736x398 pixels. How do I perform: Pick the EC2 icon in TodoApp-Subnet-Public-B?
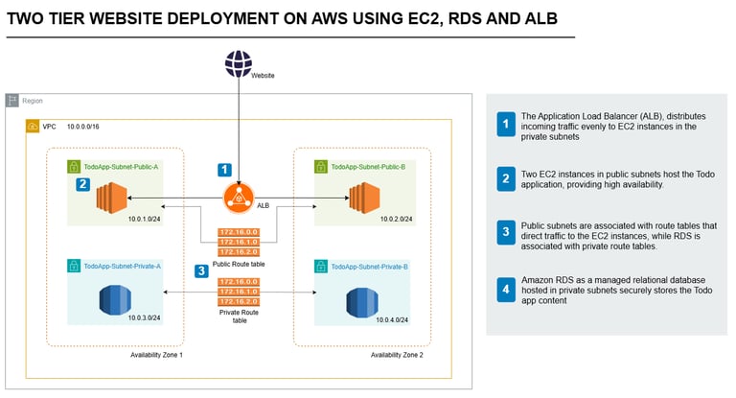tap(366, 199)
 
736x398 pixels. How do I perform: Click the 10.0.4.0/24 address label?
tap(392, 319)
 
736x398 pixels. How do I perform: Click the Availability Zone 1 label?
tap(156, 355)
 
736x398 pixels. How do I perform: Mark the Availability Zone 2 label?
tap(397, 355)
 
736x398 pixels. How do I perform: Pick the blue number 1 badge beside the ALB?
tap(224, 170)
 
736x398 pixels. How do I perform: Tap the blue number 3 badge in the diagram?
tap(201, 271)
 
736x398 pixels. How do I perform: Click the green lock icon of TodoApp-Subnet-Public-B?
tap(321, 166)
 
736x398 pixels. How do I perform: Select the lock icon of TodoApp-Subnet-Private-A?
tap(74, 265)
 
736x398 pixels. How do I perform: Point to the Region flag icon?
tap(12, 100)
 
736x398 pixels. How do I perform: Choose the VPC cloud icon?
tap(34, 127)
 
